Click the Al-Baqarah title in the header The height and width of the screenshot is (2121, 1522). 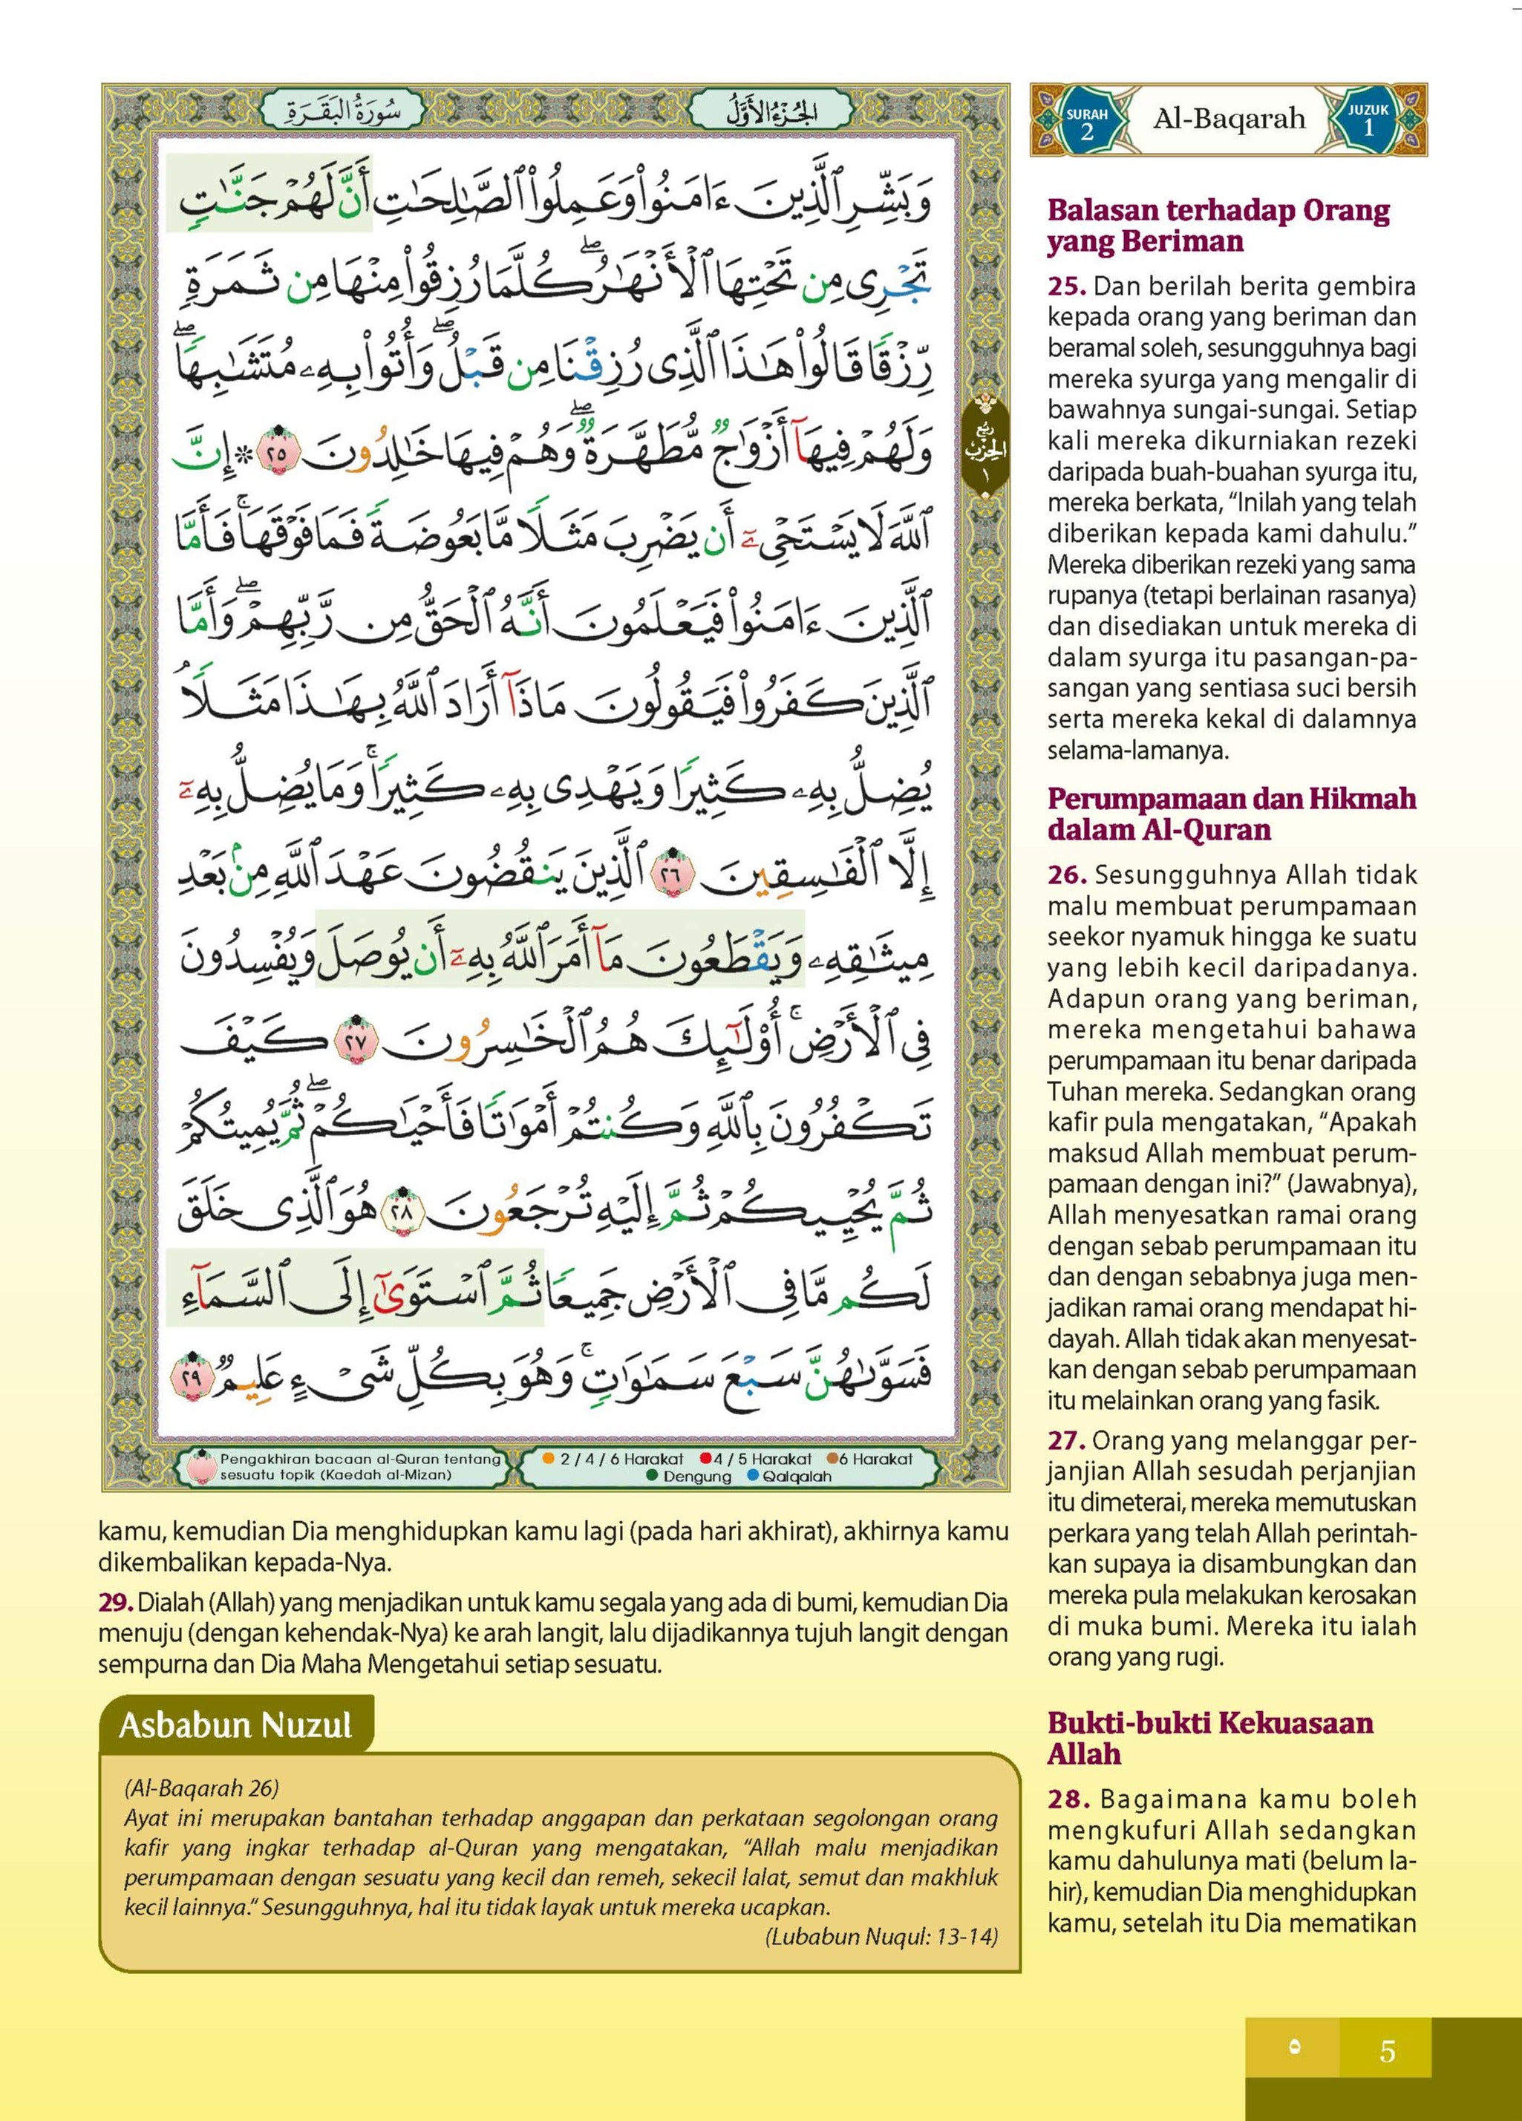click(1228, 119)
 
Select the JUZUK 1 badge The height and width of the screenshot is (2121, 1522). click(1368, 120)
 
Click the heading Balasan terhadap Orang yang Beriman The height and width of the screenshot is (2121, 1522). click(1218, 226)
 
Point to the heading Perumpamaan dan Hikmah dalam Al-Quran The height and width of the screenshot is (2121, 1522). click(1231, 814)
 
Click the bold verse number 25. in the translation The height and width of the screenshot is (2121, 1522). click(1066, 286)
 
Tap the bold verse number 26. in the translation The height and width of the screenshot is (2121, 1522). click(1066, 875)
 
